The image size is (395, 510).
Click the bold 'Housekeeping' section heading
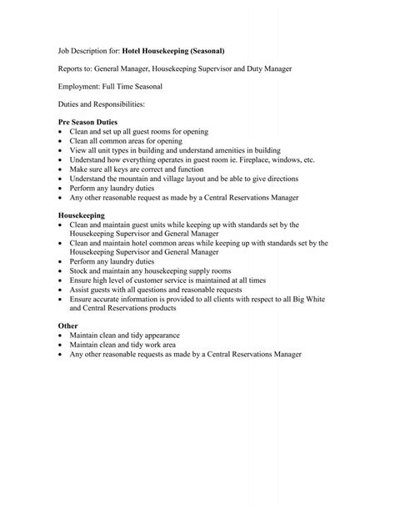coord(82,215)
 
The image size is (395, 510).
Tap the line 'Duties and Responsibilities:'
coord(101,104)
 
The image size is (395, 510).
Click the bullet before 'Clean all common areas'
coord(62,141)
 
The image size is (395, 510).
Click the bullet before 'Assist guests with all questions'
coord(62,290)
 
